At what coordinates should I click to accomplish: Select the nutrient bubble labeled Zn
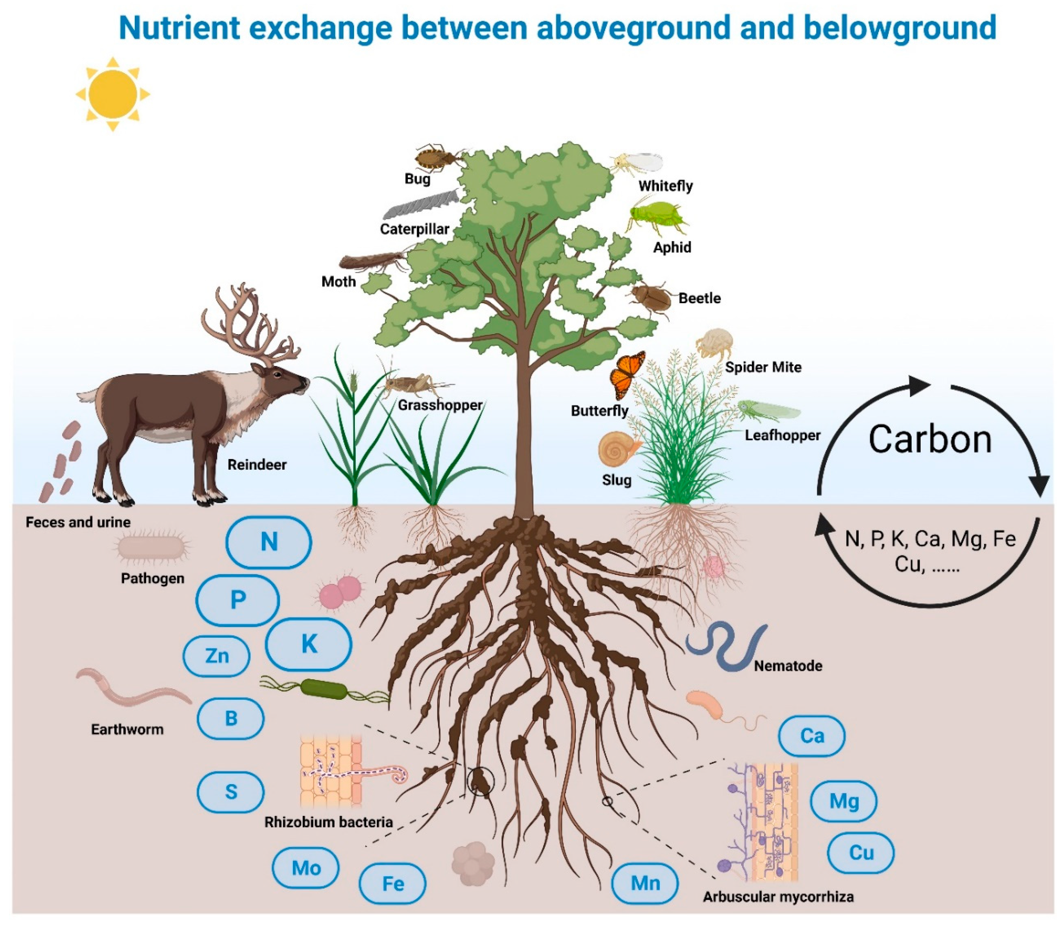coord(217,656)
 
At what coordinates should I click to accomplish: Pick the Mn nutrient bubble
coord(645,883)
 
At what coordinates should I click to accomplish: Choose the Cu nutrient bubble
coord(861,852)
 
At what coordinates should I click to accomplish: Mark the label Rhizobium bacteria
coord(328,822)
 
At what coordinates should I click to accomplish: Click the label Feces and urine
coord(78,522)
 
